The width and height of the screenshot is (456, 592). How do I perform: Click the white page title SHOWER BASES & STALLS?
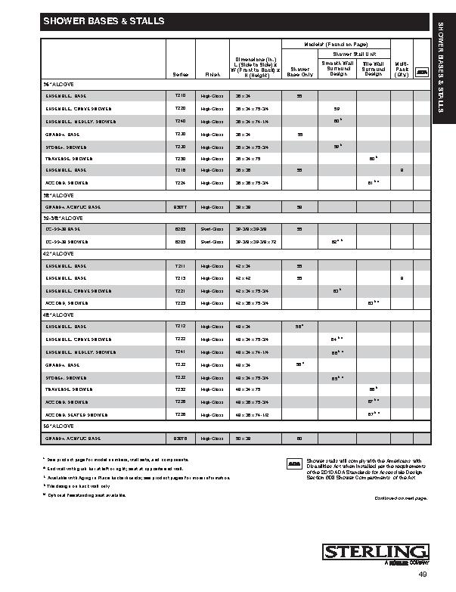[x=104, y=22]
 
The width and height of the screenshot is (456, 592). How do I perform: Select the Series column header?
[x=180, y=75]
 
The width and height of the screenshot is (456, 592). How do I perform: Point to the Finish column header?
[x=209, y=75]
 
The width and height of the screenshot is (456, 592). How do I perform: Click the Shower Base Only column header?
[x=299, y=72]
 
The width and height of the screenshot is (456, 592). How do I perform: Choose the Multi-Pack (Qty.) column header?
[x=402, y=69]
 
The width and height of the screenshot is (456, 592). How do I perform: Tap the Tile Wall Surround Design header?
[x=373, y=69]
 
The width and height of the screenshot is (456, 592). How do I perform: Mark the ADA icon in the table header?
[x=423, y=71]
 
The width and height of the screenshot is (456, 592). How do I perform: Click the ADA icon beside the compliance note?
[x=294, y=460]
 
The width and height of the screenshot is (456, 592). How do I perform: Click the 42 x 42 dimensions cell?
[x=243, y=278]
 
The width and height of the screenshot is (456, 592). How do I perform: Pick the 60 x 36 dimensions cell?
[x=243, y=439]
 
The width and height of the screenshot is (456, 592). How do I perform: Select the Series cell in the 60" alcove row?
[x=180, y=439]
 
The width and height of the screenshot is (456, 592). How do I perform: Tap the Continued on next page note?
[x=401, y=498]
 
